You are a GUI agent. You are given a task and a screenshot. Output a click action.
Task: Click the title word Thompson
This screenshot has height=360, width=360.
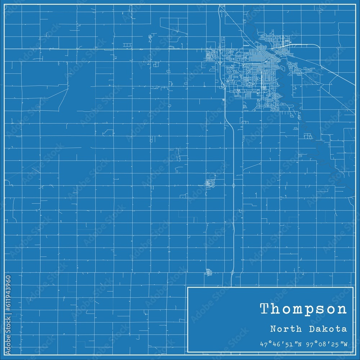tap(303, 309)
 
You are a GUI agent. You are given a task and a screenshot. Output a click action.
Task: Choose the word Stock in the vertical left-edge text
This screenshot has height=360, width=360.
tap(8, 325)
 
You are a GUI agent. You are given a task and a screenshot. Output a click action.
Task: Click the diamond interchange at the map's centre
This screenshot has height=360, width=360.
tap(234, 186)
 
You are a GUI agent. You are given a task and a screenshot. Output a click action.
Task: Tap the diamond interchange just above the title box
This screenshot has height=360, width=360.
tap(232, 273)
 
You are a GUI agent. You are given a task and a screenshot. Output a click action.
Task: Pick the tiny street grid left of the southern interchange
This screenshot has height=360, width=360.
tap(208, 273)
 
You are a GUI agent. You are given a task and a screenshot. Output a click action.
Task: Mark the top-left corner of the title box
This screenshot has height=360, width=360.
tap(188, 287)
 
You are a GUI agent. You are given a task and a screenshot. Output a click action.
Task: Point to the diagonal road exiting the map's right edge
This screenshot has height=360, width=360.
tap(351, 83)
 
